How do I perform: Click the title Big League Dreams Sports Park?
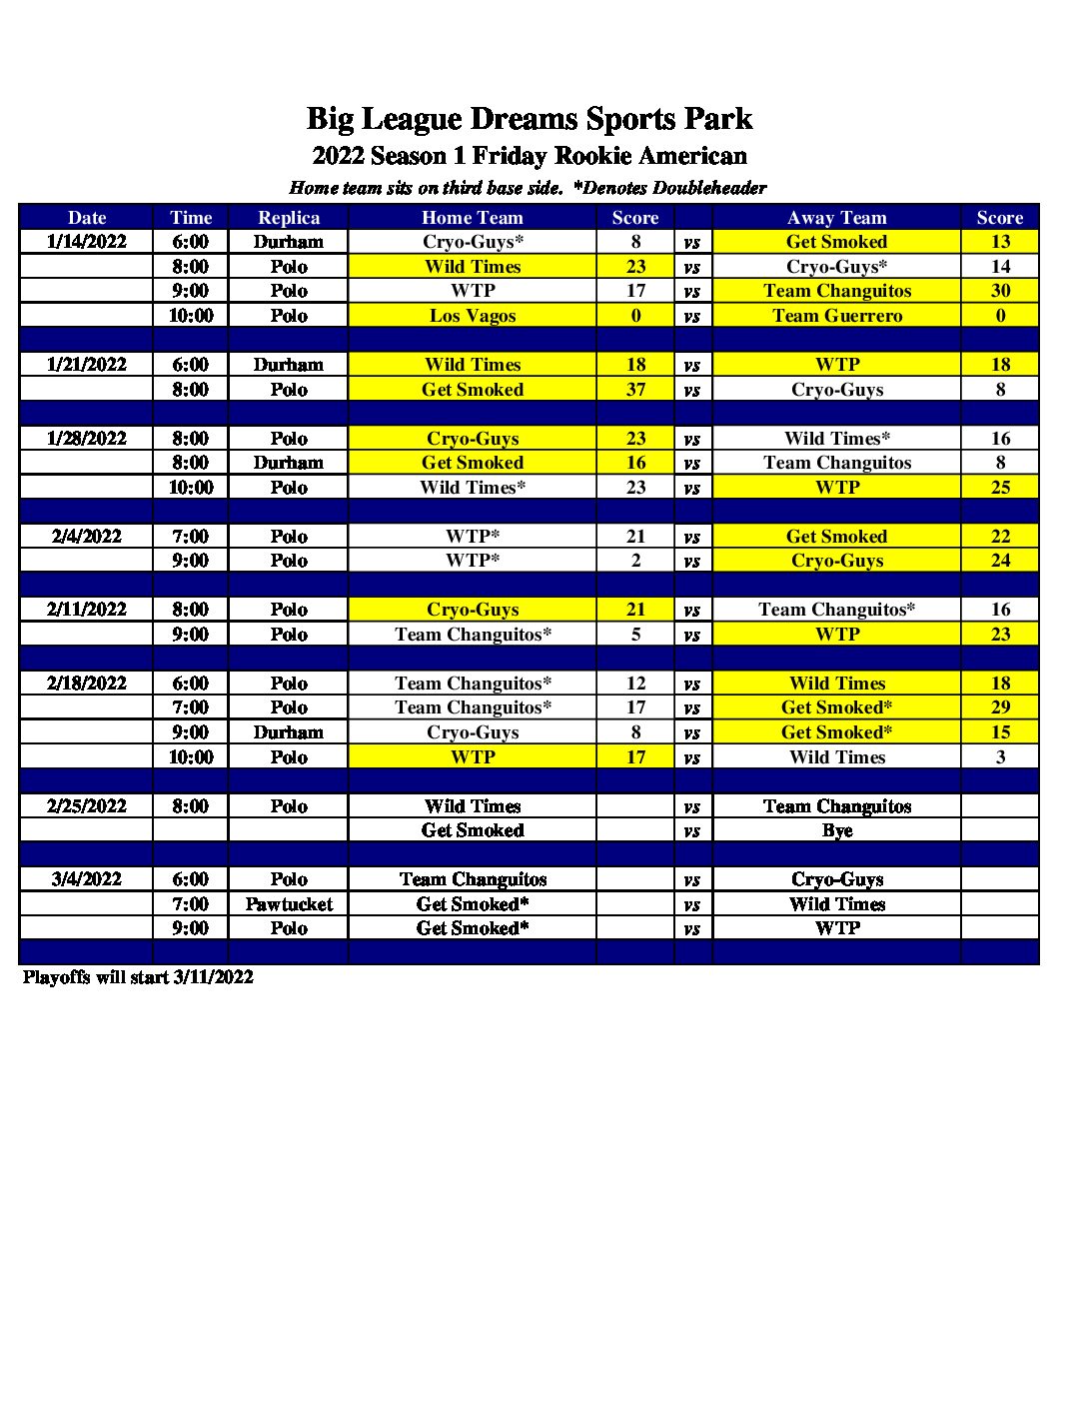tap(529, 119)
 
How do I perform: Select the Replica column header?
tap(289, 218)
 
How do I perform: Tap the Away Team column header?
tap(836, 218)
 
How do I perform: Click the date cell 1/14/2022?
tap(87, 242)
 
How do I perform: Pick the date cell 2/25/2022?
tap(87, 806)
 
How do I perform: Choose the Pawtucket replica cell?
tap(289, 904)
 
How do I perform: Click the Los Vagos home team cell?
tap(473, 316)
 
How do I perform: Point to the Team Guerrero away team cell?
tap(836, 316)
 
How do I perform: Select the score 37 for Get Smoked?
tap(635, 390)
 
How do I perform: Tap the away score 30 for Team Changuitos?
tap(1000, 291)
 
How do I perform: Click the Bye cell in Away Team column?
tap(836, 830)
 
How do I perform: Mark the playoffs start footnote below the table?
tap(138, 977)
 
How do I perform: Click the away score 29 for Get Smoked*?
tap(1000, 707)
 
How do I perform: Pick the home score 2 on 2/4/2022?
tap(635, 561)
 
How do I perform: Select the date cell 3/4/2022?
tap(87, 879)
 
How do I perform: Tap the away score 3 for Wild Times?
tap(1000, 757)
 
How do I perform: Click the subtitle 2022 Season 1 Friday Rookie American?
tap(529, 156)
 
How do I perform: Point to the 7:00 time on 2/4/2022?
tap(190, 537)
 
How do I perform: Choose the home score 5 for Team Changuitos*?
tap(635, 635)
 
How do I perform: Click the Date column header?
tap(87, 218)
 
